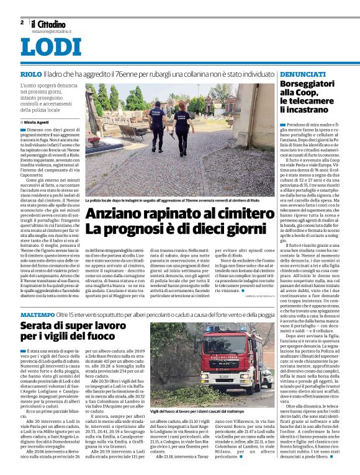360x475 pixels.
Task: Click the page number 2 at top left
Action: [x=22, y=22]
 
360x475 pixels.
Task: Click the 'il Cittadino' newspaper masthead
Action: [x=52, y=23]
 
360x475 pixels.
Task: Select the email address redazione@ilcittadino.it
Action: [x=52, y=30]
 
